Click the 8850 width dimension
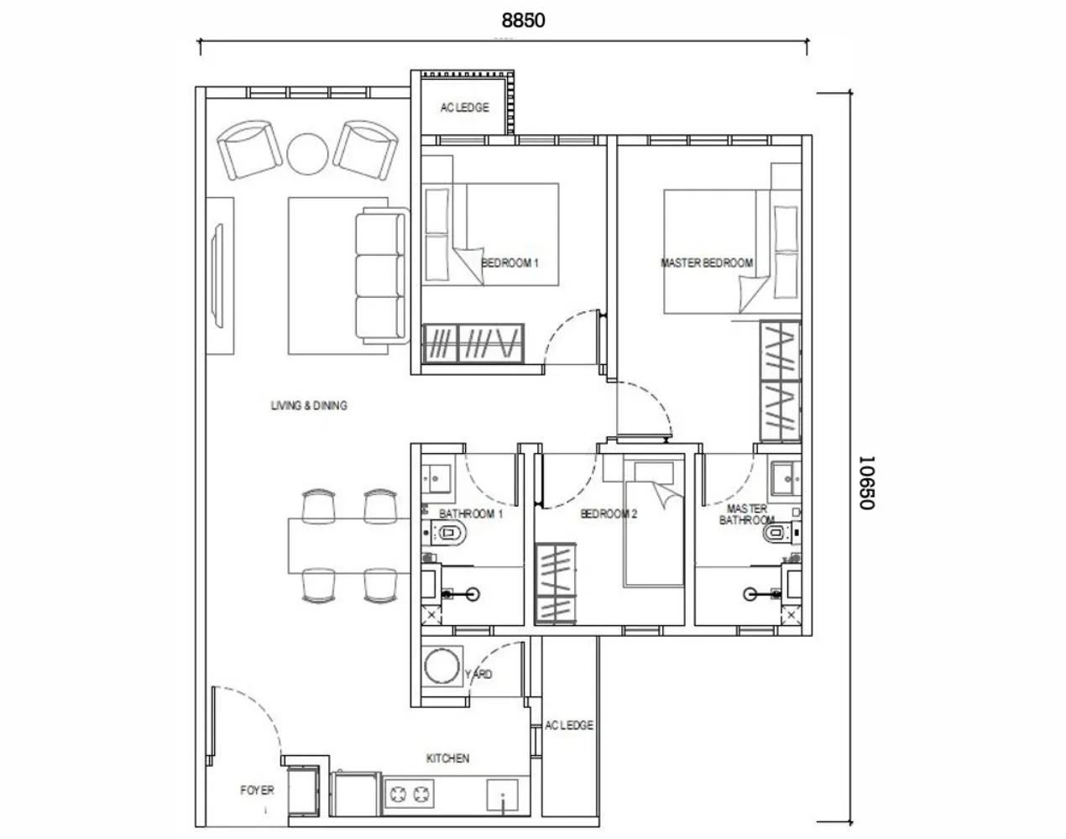[x=524, y=20]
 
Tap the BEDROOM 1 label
[x=509, y=263]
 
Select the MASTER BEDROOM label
[x=707, y=263]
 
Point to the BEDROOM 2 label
[x=609, y=514]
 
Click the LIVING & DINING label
[x=309, y=406]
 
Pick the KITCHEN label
[x=447, y=758]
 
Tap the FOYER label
[x=257, y=790]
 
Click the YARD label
[x=478, y=675]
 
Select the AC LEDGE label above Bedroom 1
[x=464, y=108]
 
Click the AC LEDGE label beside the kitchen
[x=568, y=726]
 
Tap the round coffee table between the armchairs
[x=307, y=152]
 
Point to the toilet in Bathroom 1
[x=447, y=531]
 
